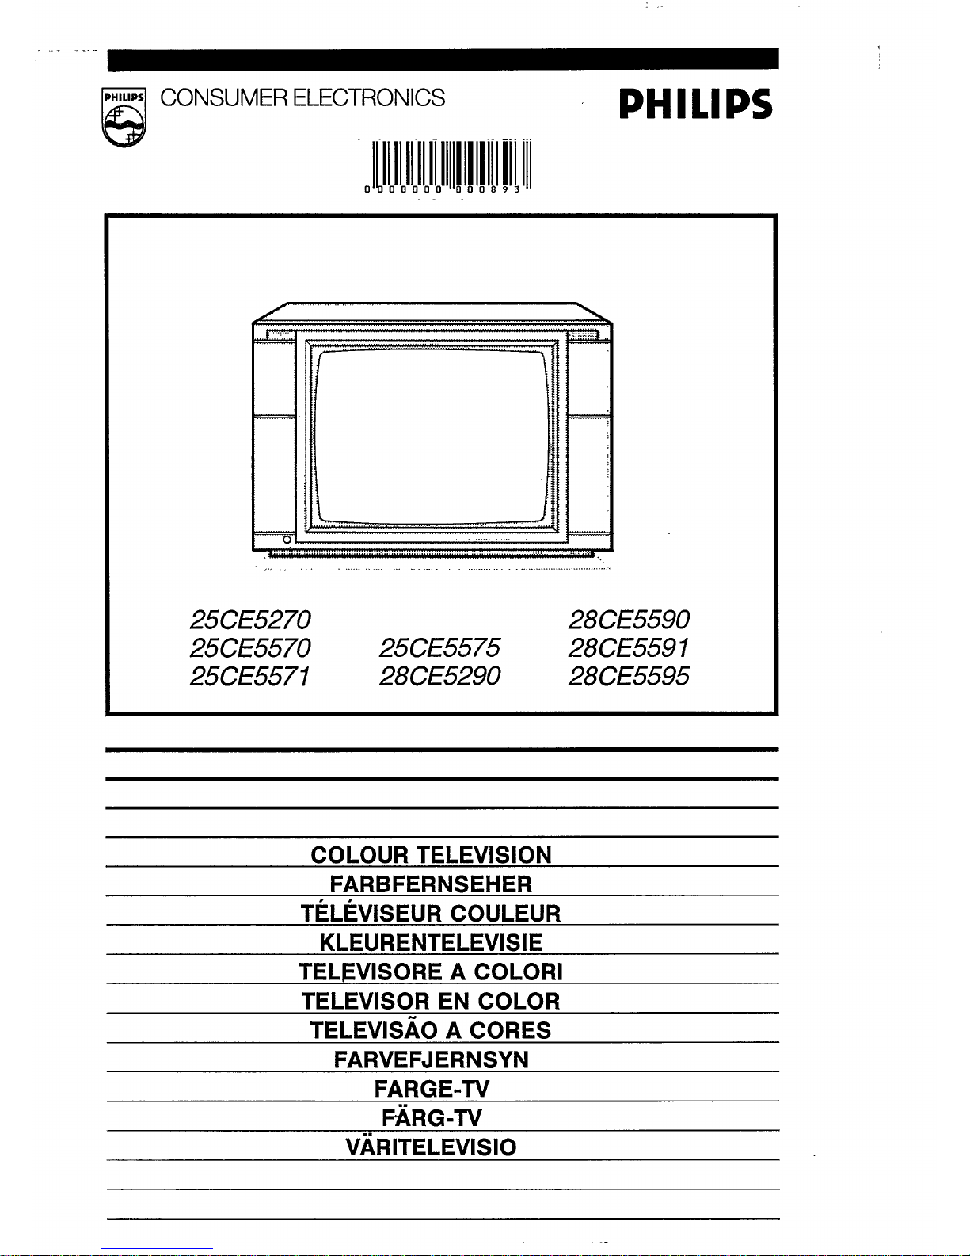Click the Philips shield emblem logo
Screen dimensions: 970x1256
[x=124, y=117]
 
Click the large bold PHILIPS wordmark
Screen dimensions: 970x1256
[x=695, y=104]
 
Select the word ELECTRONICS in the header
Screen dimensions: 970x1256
[x=369, y=97]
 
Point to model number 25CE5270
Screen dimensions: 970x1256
[x=250, y=620]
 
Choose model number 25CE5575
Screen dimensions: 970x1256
[x=439, y=648]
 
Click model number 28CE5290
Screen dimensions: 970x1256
[x=439, y=676]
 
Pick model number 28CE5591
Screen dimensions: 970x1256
[x=628, y=648]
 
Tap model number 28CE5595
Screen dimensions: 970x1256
[x=629, y=676]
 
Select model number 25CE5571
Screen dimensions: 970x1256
[x=249, y=676]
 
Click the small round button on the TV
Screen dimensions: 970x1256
[x=287, y=540]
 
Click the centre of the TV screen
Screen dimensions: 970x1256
[x=431, y=436]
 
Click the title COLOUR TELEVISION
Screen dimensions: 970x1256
[x=432, y=855]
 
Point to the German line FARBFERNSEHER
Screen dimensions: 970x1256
[x=431, y=884]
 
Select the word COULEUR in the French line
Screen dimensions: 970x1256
[x=506, y=913]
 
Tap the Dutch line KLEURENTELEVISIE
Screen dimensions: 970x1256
[x=431, y=943]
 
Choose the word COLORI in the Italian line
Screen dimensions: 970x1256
[x=519, y=972]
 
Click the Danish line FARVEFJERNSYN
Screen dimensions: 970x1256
[x=432, y=1059]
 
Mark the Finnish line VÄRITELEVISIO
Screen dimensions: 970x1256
[x=432, y=1147]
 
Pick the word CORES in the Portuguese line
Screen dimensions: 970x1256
[x=511, y=1030]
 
